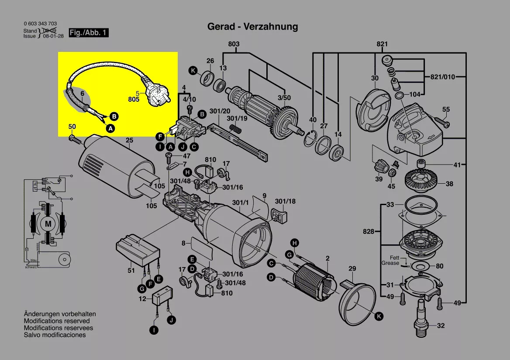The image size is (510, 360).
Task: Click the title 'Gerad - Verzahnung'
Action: (x=252, y=27)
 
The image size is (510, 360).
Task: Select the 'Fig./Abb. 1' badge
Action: (x=89, y=33)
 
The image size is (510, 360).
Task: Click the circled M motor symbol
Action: (x=46, y=224)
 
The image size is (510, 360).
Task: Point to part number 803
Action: (x=234, y=44)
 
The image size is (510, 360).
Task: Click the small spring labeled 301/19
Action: (x=236, y=129)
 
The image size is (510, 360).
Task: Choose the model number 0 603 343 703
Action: (x=40, y=24)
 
